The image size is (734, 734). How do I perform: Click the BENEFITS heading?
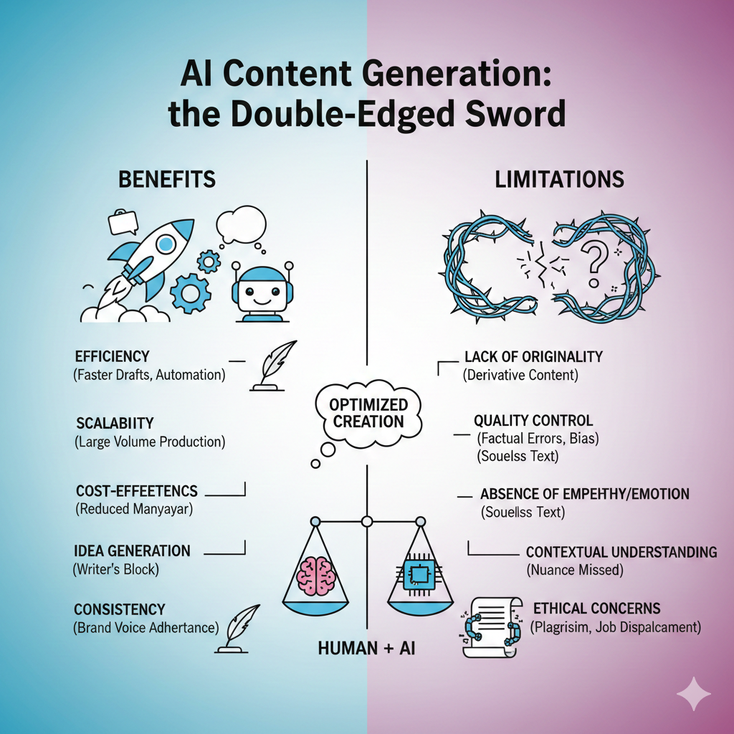(x=166, y=179)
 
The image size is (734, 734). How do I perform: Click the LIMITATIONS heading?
(x=559, y=179)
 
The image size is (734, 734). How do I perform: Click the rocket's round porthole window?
(x=165, y=244)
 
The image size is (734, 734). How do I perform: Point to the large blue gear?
(x=190, y=292)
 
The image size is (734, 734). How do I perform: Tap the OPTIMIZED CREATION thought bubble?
(x=368, y=412)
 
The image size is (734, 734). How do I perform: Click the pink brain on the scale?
(x=316, y=576)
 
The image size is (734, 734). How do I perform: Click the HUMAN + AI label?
(x=366, y=648)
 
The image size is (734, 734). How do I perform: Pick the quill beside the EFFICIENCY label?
(x=271, y=365)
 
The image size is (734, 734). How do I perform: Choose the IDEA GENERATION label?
(x=132, y=550)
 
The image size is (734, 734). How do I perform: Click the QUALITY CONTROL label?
(x=533, y=420)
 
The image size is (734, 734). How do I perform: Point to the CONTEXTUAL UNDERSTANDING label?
(x=621, y=552)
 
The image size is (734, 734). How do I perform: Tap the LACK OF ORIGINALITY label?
(x=533, y=357)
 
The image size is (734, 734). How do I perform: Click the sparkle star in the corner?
(x=694, y=694)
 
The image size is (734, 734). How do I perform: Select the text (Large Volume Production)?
(x=150, y=442)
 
